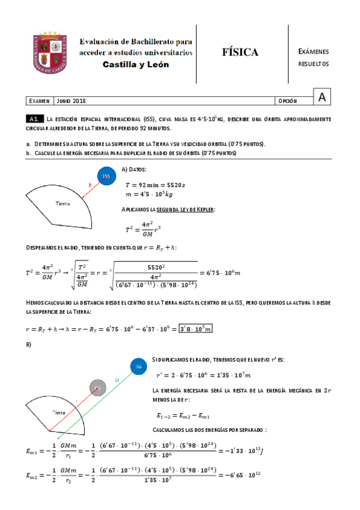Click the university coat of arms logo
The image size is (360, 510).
54,51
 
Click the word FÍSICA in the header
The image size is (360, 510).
240,52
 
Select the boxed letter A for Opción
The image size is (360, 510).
322,97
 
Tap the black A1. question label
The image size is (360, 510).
34,120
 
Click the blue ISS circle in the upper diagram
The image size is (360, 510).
106,176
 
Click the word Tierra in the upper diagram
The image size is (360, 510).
63,203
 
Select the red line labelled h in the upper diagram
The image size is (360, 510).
91,185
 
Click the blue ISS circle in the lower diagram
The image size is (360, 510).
139,366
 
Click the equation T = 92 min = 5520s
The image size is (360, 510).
156,183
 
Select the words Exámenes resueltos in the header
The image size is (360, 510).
313,58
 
